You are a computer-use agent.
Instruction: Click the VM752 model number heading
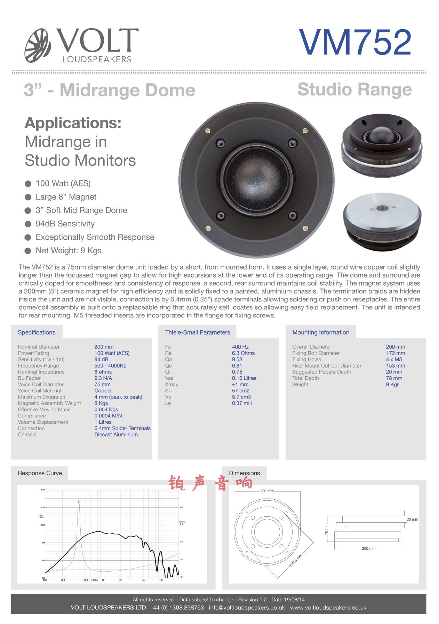click(355, 43)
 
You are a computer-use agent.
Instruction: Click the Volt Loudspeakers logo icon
click(38, 46)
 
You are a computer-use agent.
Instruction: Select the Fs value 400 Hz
click(240, 347)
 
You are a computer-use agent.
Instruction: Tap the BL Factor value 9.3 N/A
click(103, 378)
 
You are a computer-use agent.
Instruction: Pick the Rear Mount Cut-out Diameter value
click(395, 365)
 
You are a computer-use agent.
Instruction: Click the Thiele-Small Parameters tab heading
click(197, 332)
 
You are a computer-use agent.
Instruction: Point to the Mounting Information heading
click(320, 332)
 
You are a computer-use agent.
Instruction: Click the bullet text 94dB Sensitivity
click(65, 224)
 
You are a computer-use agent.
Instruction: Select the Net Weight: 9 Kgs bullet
click(69, 251)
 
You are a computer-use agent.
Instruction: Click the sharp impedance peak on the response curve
click(79, 500)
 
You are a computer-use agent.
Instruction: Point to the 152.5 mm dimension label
click(296, 560)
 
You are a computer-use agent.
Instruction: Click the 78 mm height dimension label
click(326, 529)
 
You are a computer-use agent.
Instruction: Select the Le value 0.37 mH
click(242, 403)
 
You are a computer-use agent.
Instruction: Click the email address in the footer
click(247, 608)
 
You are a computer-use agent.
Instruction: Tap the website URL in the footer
click(328, 608)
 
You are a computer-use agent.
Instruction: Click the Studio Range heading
click(354, 89)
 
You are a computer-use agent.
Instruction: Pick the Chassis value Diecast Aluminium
click(116, 434)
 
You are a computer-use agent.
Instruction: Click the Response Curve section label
click(40, 473)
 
